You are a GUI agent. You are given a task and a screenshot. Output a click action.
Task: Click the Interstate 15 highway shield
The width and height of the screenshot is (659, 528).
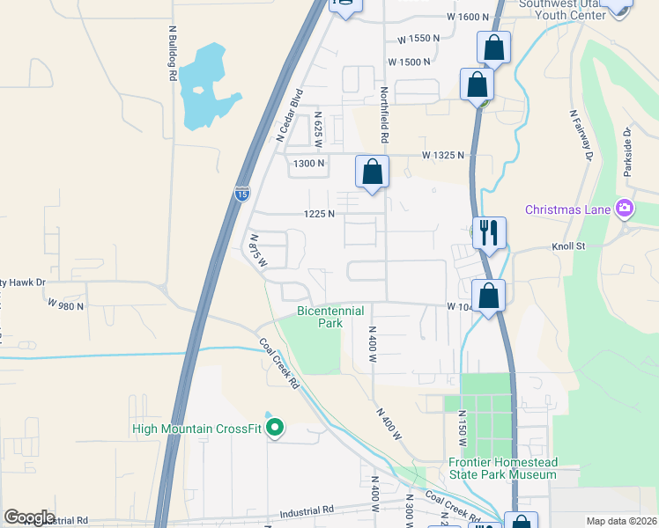[242, 194]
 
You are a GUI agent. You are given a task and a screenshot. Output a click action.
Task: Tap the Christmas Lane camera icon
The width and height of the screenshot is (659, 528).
[625, 209]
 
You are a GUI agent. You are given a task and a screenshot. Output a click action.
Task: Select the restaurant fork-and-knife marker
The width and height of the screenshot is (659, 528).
[489, 233]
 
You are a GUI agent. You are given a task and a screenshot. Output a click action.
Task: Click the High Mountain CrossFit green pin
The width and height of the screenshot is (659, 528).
[275, 429]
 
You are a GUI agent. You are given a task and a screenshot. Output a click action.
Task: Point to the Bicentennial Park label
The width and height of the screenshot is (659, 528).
[319, 317]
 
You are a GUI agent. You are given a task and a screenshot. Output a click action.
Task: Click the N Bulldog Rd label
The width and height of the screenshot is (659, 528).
[173, 52]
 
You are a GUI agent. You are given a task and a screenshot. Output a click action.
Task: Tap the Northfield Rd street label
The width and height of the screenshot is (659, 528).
[384, 115]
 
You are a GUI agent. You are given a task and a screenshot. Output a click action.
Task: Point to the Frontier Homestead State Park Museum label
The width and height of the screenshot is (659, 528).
[502, 468]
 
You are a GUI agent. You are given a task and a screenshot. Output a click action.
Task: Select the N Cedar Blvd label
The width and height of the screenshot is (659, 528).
[289, 114]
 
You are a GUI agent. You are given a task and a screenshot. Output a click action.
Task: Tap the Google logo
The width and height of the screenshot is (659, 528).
[29, 517]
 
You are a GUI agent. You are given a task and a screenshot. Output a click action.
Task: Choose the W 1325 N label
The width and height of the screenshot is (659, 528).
[443, 155]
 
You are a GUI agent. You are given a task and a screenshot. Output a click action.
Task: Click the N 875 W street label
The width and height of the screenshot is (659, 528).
[257, 250]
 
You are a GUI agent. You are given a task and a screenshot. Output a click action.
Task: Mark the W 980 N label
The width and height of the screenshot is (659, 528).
[67, 305]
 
